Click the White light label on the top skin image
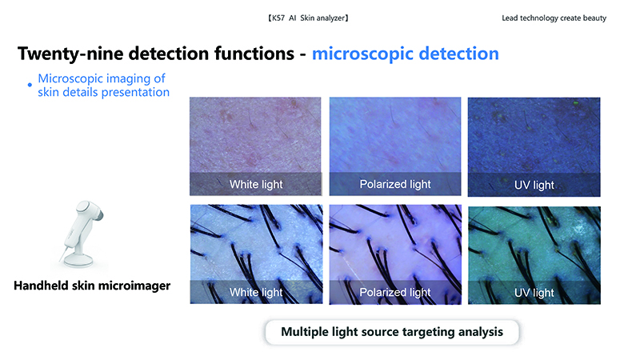coord(256,185)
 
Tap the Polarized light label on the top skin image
coord(395,185)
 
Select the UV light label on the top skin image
coord(534,186)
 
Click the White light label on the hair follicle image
coord(256,292)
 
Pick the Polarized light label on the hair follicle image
coord(395,292)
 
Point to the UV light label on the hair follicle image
coord(534,293)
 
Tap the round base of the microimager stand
coord(80,260)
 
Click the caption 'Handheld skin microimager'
coord(92,286)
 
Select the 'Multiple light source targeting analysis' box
coord(392,332)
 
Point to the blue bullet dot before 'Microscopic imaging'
coord(30,85)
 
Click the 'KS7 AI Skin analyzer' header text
coord(308,18)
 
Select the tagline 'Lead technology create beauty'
coord(554,18)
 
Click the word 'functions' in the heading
coord(254,54)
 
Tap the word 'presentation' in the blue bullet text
coord(135,93)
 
